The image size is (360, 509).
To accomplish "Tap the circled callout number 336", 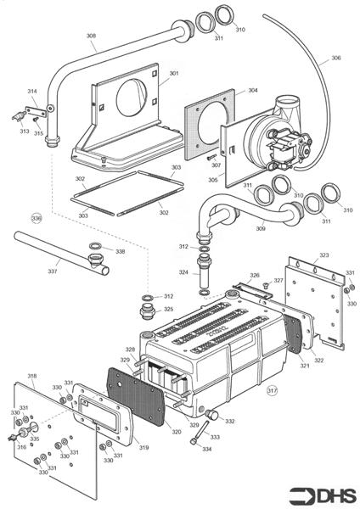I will pyautogui.click(x=36, y=218).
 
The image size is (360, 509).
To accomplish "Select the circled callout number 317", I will pyautogui.click(x=272, y=391).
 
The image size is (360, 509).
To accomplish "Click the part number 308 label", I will pyautogui.click(x=91, y=36).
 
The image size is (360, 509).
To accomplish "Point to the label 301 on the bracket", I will pyautogui.click(x=174, y=74).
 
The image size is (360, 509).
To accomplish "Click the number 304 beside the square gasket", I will pyautogui.click(x=252, y=90).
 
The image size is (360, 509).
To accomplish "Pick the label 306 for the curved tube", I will pyautogui.click(x=335, y=58).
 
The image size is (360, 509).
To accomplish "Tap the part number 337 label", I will pyautogui.click(x=53, y=272).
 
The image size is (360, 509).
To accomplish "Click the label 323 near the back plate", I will pyautogui.click(x=323, y=255).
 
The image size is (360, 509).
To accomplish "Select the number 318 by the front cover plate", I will pyautogui.click(x=31, y=376).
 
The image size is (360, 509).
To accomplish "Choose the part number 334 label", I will pyautogui.click(x=207, y=449).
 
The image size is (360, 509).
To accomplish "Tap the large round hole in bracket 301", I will pyautogui.click(x=134, y=94).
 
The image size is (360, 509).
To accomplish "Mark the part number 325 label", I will pyautogui.click(x=169, y=310).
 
